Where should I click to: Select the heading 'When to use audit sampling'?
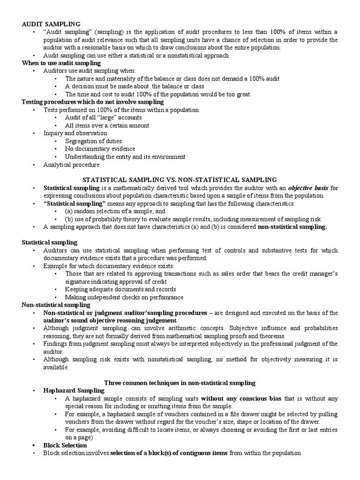pos(61,63)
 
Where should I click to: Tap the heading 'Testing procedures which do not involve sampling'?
pos(93,102)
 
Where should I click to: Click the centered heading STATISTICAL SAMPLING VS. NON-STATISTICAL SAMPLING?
pos(180,180)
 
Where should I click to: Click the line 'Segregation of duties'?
pos(93,141)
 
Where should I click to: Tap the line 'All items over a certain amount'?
pos(107,126)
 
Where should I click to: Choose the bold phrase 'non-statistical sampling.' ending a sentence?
pos(292,227)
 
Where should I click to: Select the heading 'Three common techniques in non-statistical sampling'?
pos(180,382)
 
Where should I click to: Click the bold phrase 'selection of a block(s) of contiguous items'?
pos(169,453)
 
